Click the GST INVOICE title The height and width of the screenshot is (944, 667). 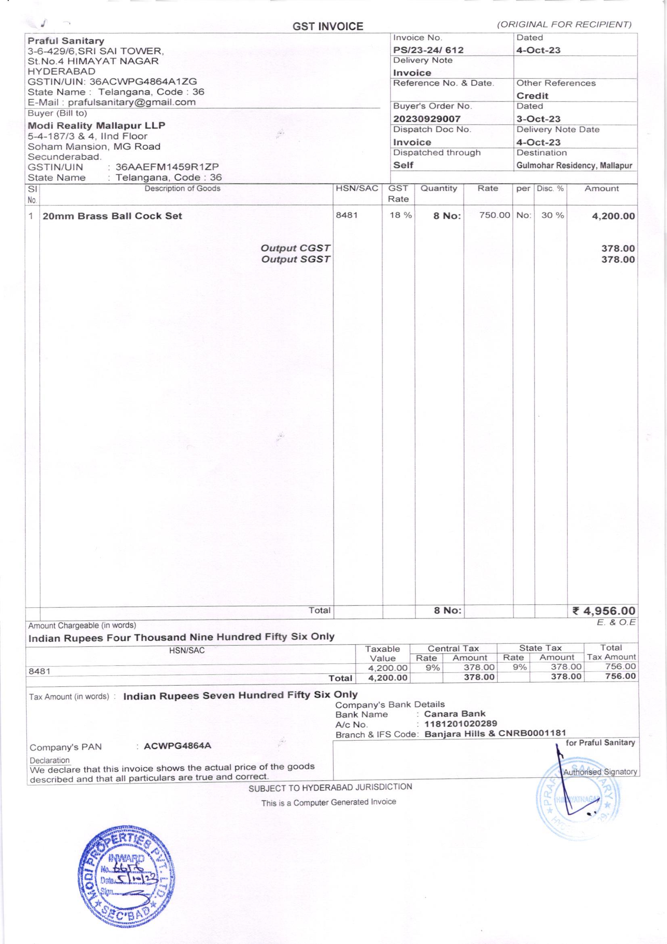(328, 27)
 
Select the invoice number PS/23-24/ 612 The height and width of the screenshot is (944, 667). (428, 50)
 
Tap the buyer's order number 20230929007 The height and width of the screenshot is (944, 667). (427, 119)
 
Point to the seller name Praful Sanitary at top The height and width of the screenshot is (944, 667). (66, 41)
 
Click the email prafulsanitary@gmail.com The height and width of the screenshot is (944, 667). (132, 102)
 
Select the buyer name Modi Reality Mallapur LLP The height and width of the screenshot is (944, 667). (96, 126)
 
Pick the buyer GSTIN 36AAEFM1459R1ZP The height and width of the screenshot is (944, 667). (167, 167)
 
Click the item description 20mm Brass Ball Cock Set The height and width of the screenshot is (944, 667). (112, 216)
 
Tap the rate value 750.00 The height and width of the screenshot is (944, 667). (494, 216)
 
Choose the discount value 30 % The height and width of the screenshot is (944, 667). (552, 216)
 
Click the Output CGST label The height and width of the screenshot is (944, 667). (295, 248)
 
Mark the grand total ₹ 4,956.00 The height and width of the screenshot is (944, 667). (603, 611)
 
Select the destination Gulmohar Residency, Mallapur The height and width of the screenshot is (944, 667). (574, 166)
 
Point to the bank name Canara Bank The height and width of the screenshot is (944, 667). (454, 714)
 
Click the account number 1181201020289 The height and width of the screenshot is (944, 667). (460, 724)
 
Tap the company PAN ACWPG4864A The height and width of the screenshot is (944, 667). (178, 746)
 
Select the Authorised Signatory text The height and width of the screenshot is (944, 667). (600, 772)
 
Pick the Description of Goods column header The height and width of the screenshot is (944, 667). (182, 189)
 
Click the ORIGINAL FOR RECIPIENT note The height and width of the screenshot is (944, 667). (564, 25)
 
